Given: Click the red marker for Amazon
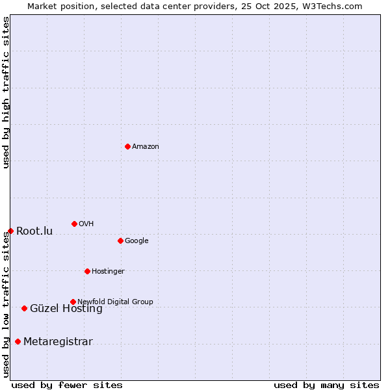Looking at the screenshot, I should pos(127,146).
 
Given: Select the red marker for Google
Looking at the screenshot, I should pos(120,240).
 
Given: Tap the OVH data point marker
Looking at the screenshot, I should pos(74,224).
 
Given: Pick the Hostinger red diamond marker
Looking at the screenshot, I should pos(87,271).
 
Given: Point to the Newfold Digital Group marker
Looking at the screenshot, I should pos(73,302).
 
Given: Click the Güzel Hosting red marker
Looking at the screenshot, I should pos(24,308).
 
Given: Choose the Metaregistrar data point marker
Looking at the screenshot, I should pos(18,341).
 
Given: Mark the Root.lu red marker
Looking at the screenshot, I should pos(10,231).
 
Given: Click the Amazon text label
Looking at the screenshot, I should pos(146,146).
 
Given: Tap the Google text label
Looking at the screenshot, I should pos(136,240).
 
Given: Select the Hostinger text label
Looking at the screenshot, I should pos(108,271).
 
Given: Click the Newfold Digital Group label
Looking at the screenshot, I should pos(115,302).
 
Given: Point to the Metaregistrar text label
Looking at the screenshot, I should pos(58,342).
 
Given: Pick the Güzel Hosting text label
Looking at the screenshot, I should pos(66,309).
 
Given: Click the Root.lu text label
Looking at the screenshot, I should pos(34,231).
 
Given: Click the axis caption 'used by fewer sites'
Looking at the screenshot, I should pos(67,385).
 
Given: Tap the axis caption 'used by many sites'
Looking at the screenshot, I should pos(326,385).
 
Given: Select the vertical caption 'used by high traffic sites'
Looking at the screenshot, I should pos(6,92).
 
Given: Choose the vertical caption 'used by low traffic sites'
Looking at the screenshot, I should pos(6,304).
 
